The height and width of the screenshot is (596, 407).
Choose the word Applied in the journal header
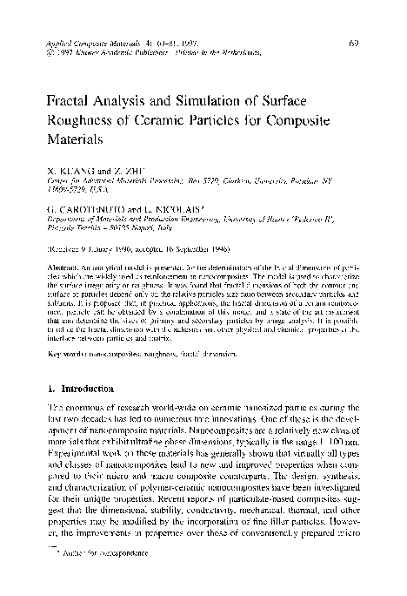[57, 41]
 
